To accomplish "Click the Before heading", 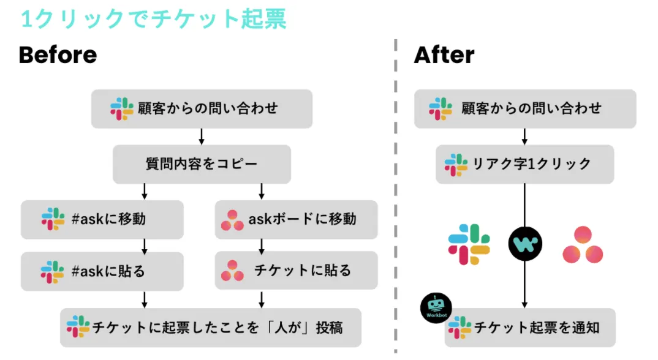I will point(58,55).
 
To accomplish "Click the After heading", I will point(444,55).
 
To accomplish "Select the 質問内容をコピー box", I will point(202,164).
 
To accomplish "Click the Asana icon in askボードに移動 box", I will point(232,220).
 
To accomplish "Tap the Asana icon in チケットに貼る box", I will point(232,271).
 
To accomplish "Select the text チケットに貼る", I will point(303,271).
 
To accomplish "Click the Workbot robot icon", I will point(436,308).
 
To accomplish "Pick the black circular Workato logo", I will point(525,244).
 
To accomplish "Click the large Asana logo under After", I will point(583,245).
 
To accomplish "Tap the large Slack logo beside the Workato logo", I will point(469,244).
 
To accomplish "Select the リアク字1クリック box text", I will point(532,164).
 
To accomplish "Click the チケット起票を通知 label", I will point(537,327).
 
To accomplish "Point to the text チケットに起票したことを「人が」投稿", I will point(217,327).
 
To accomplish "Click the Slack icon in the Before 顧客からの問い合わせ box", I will point(122,109).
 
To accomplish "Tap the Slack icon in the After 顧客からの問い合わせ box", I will point(441,109).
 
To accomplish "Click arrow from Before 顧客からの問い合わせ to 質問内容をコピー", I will point(202,136).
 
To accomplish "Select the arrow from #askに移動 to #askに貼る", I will point(145,246).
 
